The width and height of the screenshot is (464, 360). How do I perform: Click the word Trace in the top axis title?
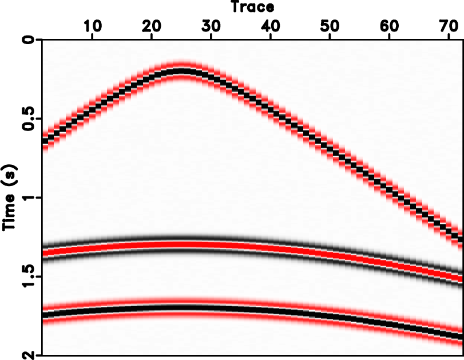252,7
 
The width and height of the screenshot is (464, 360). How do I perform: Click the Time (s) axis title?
10,197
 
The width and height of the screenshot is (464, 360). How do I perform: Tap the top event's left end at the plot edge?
45,139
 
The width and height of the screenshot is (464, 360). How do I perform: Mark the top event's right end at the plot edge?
461,236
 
